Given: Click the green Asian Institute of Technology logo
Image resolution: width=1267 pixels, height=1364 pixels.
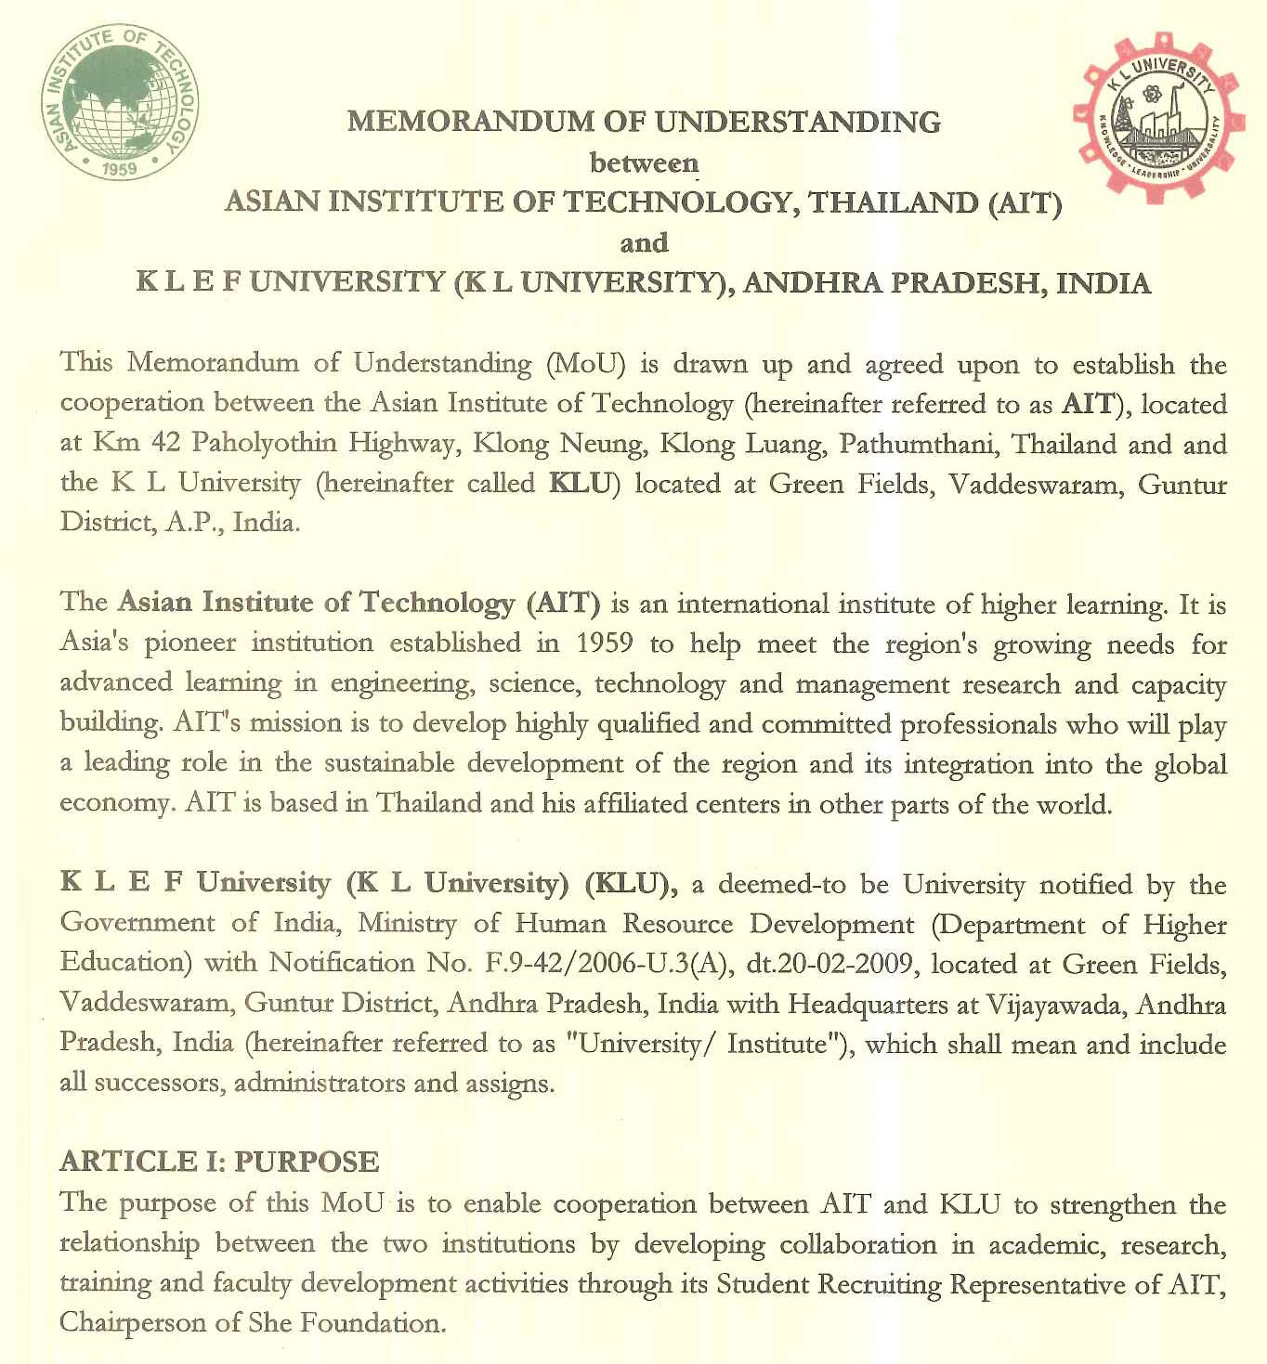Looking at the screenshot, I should tap(120, 102).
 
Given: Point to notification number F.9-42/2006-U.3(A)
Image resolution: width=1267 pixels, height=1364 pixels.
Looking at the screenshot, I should tap(610, 964).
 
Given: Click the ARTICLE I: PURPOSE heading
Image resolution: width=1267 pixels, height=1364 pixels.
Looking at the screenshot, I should tap(219, 1162).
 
